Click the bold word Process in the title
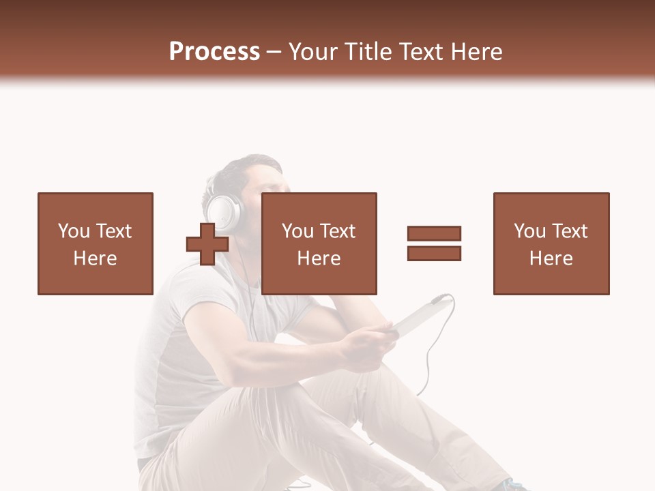214,51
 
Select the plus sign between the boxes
207,244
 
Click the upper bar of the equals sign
434,233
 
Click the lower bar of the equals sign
434,253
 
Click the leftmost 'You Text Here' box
95,243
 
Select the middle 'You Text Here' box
319,243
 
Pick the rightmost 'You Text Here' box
551,243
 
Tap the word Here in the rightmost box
551,258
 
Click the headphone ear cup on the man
222,211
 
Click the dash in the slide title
274,52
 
